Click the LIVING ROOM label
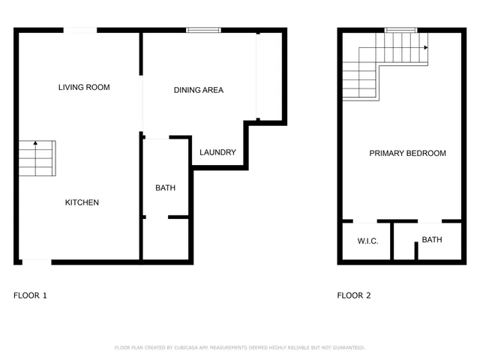(84, 88)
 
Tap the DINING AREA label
(199, 91)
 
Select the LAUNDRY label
(217, 153)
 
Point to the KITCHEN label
(82, 202)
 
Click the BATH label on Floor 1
(165, 188)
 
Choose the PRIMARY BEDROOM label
(407, 154)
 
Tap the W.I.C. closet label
(367, 241)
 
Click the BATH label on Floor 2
(431, 240)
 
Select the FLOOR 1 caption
(30, 295)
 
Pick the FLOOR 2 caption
(354, 295)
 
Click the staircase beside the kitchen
(36, 158)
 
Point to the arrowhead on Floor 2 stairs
(425, 47)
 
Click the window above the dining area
(203, 30)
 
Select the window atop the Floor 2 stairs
(400, 30)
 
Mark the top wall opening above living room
(79, 30)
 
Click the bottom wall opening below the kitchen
(36, 261)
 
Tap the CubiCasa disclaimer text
(239, 348)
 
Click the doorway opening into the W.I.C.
(365, 221)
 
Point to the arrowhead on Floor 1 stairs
(34, 142)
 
